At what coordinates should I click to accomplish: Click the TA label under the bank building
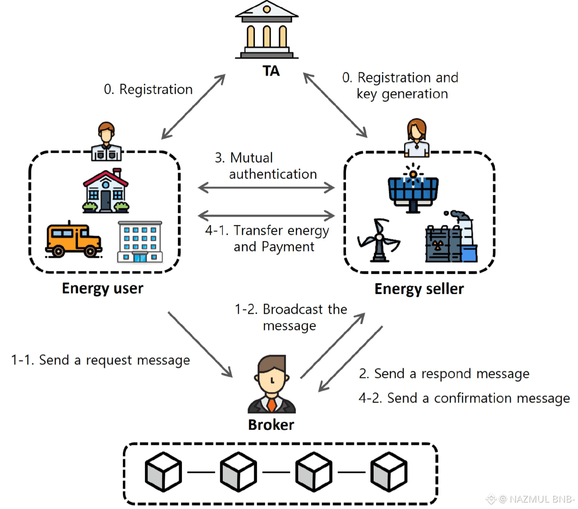pos(271,71)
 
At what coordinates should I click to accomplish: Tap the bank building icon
pos(267,30)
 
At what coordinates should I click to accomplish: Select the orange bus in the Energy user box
pos(73,240)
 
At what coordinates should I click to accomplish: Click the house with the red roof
pos(106,192)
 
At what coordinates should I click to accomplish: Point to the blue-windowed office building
pos(140,242)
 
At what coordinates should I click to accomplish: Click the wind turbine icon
pos(379,240)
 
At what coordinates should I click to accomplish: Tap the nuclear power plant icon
pos(451,238)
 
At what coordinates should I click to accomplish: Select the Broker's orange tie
pos(272,404)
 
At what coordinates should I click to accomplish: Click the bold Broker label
pos(271,425)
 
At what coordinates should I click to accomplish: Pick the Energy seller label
pos(419,289)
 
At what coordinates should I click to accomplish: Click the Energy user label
pos(102,289)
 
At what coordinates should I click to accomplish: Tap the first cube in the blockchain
pos(163,472)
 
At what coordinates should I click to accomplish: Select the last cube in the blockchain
pos(389,472)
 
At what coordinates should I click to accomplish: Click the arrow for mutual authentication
pos(266,187)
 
